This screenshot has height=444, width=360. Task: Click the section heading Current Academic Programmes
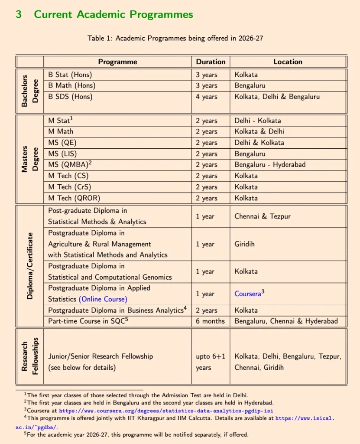click(x=113, y=14)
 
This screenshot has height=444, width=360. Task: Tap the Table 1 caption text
click(x=175, y=38)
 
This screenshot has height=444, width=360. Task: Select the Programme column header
click(x=117, y=62)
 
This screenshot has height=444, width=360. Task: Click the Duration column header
click(x=211, y=62)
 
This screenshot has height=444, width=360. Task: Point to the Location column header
click(x=288, y=62)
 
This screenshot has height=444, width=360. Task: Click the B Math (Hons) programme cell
click(x=71, y=85)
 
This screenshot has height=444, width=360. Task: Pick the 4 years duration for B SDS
click(x=206, y=97)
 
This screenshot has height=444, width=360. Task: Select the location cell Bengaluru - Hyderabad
click(x=270, y=165)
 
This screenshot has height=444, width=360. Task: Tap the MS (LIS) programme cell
click(x=66, y=153)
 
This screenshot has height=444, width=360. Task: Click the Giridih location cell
click(x=245, y=244)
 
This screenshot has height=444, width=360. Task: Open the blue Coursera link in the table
click(x=247, y=294)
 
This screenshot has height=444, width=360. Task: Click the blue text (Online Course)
click(x=103, y=299)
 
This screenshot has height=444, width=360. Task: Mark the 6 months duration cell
click(x=210, y=321)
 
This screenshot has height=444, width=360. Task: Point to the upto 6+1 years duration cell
click(x=210, y=362)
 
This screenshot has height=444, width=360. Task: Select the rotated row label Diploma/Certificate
click(x=30, y=267)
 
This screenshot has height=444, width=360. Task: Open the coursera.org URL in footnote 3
click(x=166, y=411)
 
